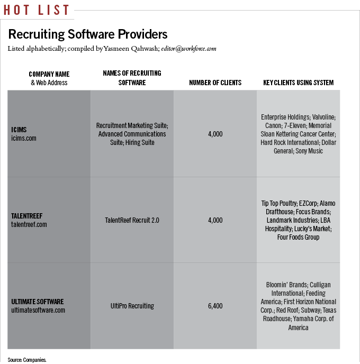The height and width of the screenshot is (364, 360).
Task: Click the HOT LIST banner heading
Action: [x=36, y=10]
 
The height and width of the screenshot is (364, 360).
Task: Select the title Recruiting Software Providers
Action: [x=88, y=34]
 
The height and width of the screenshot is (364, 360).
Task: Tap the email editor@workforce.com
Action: [x=189, y=49]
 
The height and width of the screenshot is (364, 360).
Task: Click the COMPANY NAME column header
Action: [x=49, y=75]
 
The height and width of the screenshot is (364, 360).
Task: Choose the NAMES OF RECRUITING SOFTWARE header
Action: [x=132, y=78]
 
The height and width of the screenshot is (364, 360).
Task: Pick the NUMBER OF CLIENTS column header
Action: [x=215, y=83]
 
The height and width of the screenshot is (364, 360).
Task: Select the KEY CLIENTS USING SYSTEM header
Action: [x=298, y=83]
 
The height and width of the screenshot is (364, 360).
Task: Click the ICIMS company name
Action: [x=19, y=130]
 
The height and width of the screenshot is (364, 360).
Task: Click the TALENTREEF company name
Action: [x=27, y=216]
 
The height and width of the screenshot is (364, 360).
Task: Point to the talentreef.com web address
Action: [x=29, y=224]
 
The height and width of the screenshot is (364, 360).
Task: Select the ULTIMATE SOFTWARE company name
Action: [x=38, y=302]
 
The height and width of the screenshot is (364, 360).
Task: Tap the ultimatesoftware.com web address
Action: [x=38, y=310]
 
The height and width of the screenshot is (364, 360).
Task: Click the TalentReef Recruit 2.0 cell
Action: [x=132, y=220]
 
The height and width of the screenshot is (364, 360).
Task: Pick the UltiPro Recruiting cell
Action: [x=132, y=306]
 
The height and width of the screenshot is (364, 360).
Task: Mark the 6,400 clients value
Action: [x=215, y=306]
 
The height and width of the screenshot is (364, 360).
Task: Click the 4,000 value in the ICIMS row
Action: [x=215, y=134]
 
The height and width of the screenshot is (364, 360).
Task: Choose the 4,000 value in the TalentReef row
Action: [x=215, y=220]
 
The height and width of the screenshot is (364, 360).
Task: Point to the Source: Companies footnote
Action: [x=27, y=360]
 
